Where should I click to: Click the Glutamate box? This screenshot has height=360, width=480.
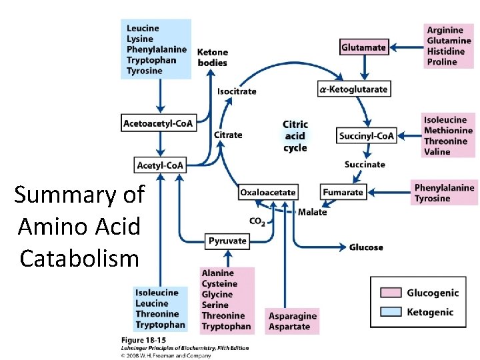[x=363, y=47]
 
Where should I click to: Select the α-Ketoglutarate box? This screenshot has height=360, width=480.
[x=353, y=89]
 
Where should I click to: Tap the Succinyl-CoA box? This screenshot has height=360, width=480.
[x=367, y=136]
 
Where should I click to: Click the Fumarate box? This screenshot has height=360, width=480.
[x=343, y=192]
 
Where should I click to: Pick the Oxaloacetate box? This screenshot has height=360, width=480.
[x=267, y=192]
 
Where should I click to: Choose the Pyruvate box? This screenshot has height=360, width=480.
[x=227, y=241]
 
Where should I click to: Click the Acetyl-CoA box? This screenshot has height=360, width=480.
[x=160, y=165]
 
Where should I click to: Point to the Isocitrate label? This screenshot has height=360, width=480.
[x=237, y=91]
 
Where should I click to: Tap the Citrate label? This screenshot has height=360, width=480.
[x=228, y=135]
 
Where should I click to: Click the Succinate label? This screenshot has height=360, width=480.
[x=365, y=165]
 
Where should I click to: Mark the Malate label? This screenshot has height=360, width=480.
[x=312, y=212]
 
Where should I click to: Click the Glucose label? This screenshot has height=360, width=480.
[x=366, y=247]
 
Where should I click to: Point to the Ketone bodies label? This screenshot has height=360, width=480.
[x=213, y=57]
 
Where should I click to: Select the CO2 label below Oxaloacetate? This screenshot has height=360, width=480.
[x=257, y=222]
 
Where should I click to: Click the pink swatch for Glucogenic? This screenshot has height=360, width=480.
[x=391, y=293]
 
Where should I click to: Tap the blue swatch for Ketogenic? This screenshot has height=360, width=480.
[x=391, y=311]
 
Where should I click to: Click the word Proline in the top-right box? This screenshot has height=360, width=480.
[x=442, y=62]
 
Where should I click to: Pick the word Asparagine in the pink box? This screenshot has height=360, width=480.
[x=293, y=316]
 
